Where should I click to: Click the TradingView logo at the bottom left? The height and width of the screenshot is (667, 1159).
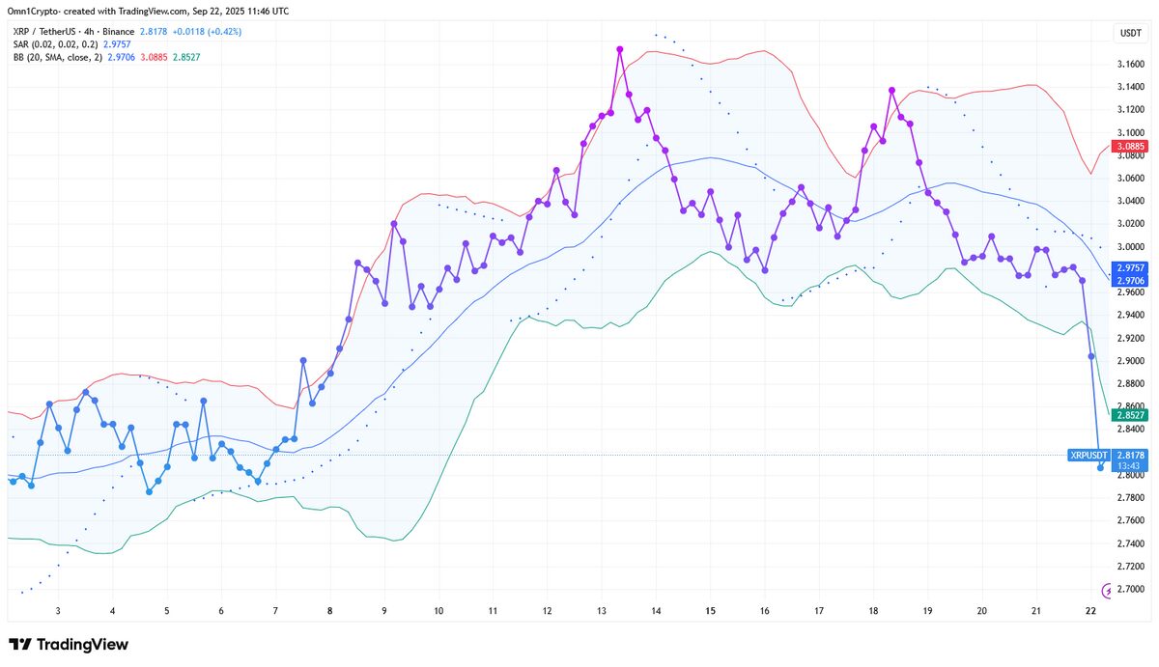pos(69,645)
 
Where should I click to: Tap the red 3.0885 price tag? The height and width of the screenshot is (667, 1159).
pos(1129,147)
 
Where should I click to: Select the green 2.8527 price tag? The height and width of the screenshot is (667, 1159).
pos(1129,414)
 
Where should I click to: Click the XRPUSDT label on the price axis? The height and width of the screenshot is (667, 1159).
pos(1088,454)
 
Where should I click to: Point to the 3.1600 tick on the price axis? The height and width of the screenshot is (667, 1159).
pos(1129,65)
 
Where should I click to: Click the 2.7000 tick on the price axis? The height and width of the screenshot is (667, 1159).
pos(1129,590)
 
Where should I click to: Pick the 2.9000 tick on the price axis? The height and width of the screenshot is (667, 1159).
pos(1129,362)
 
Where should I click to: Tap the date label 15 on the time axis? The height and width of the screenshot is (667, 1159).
pos(710,611)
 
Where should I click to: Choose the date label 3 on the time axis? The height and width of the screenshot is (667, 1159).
pos(59,611)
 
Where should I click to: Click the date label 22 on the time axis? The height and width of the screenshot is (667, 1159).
pos(1090,611)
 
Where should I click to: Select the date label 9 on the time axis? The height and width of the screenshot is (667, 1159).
pos(384,611)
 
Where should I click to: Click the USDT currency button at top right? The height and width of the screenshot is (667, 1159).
pos(1129,33)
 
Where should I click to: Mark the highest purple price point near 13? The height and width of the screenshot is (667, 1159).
pos(619,48)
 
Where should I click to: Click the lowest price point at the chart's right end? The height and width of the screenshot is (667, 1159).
pos(1100,468)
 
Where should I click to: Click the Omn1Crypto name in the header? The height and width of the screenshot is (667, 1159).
pos(35,11)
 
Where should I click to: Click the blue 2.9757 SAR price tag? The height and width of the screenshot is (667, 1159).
pos(1129,267)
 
